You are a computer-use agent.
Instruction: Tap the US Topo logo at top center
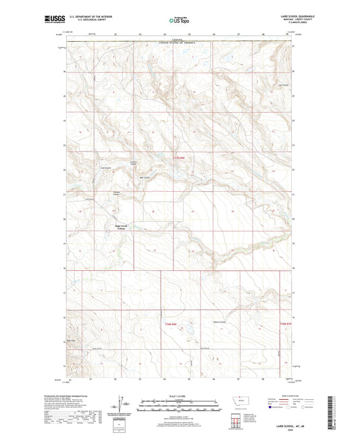[x=179, y=22]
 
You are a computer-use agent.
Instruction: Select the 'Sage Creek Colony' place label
[x=121, y=228]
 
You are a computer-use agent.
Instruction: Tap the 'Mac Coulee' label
[x=144, y=178]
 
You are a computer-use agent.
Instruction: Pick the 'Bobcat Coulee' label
[x=219, y=322]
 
